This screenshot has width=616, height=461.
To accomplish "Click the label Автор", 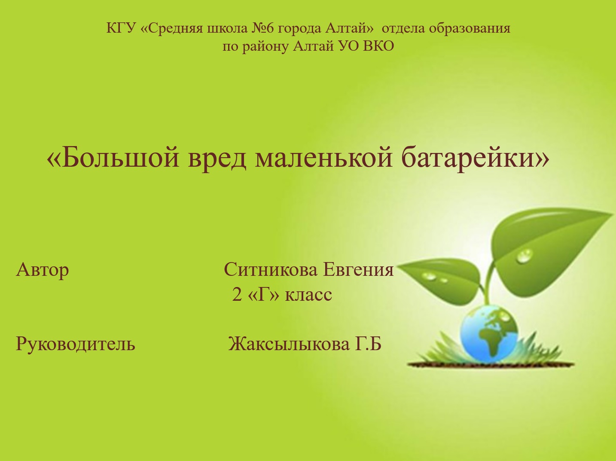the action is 43,270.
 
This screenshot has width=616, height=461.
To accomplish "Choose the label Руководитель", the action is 76,344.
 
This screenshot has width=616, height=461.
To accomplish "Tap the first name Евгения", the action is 358,269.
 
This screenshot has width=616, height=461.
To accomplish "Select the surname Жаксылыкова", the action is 289,343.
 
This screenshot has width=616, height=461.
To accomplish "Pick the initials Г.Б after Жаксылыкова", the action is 368,343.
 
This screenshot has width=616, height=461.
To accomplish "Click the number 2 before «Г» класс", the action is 237,295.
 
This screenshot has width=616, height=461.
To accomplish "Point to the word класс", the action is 308,296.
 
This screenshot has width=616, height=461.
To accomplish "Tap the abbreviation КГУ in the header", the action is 121,28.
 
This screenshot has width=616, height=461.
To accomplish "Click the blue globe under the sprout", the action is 489,334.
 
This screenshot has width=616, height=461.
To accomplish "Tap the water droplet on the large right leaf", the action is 524,256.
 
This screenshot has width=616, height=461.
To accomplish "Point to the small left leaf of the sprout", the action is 441,281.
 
